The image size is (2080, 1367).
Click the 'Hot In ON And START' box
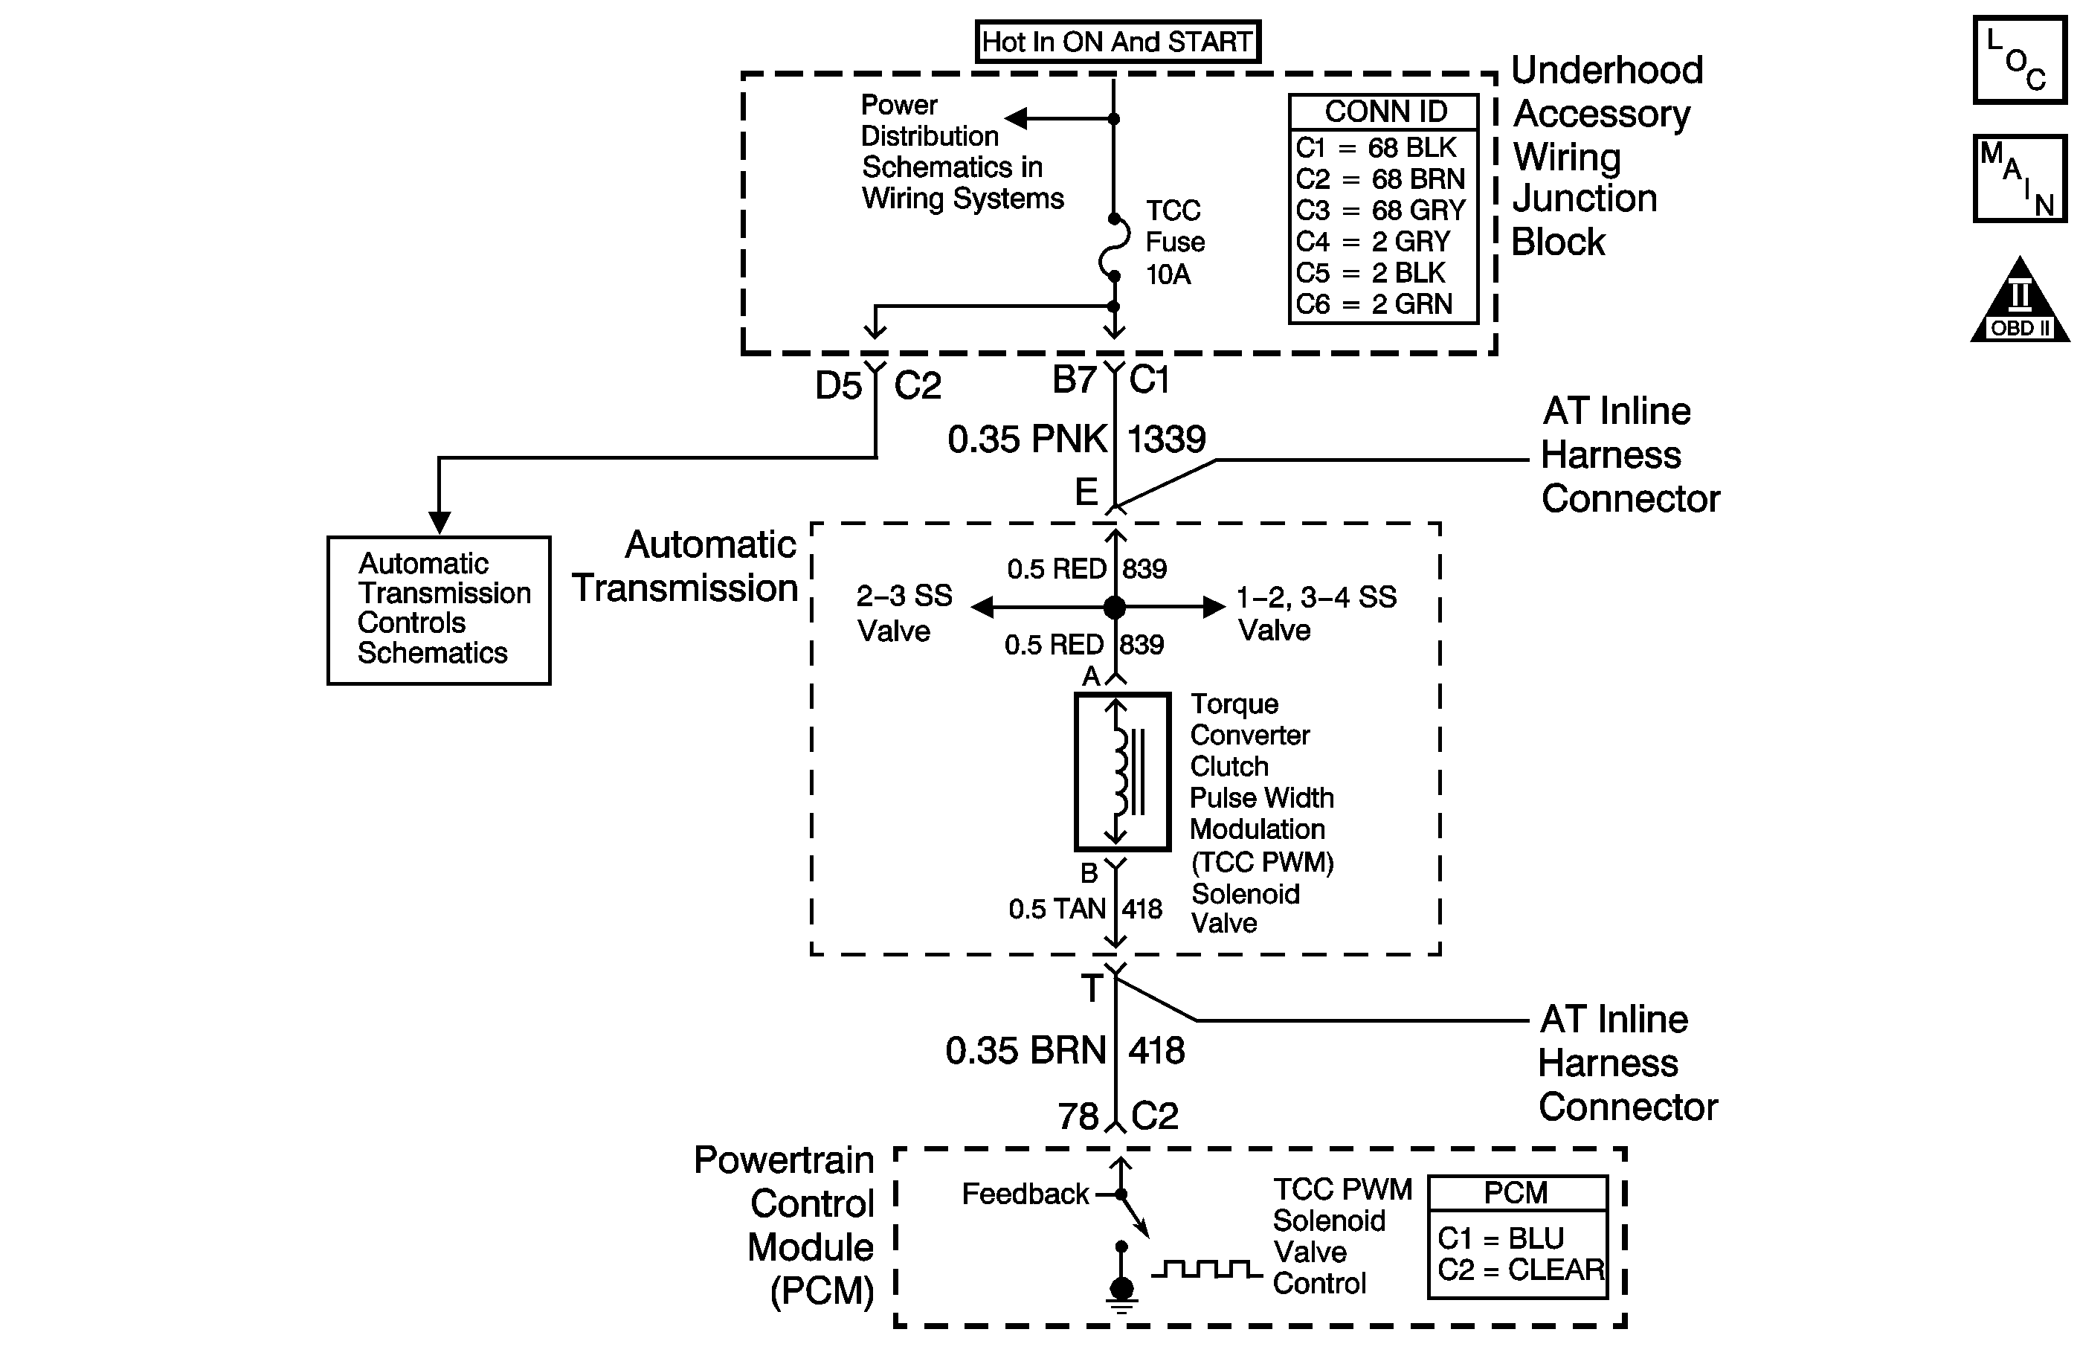point(1117,42)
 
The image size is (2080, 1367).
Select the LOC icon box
point(2020,60)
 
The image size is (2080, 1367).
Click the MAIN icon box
point(2020,178)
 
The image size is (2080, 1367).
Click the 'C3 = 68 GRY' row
point(1381,210)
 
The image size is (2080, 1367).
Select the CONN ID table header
point(1385,112)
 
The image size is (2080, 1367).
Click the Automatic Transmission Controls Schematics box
point(439,609)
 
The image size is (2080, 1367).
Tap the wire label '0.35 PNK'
point(1027,440)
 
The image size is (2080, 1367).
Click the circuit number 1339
point(1167,440)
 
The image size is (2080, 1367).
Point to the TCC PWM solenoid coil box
point(1122,772)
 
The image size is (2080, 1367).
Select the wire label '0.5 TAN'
point(1057,909)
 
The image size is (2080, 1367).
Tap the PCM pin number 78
point(1078,1117)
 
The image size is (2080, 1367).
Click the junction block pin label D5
point(838,385)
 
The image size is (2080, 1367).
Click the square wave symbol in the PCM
point(1206,1268)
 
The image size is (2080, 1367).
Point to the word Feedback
point(1025,1194)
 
